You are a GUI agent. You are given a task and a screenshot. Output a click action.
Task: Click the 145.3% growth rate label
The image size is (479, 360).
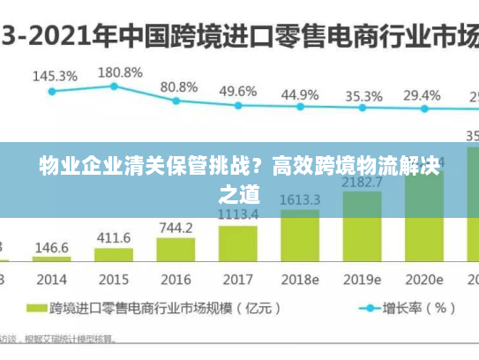coord(55,76)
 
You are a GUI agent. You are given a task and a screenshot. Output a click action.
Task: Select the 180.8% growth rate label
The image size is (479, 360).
coord(120,71)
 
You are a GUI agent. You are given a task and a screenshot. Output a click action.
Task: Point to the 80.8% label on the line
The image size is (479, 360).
coord(179,87)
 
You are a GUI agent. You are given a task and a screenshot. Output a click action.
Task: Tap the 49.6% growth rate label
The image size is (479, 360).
coord(238,91)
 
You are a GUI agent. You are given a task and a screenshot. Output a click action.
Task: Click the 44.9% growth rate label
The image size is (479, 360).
coord(300,94)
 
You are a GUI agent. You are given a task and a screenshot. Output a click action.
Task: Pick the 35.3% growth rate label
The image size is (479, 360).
coord(363,96)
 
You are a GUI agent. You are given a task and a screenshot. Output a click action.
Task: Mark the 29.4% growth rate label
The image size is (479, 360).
coord(422,95)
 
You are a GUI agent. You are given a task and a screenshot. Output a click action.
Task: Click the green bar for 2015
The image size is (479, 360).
coord(114,256)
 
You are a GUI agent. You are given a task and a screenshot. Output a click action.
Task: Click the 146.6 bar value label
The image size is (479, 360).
coord(52,248)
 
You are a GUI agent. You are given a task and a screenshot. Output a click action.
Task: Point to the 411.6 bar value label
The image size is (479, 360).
coord(114,238)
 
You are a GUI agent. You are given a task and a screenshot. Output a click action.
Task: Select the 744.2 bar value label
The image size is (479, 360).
coord(176,228)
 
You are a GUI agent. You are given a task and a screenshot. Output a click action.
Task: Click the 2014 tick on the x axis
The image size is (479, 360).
coord(52,280)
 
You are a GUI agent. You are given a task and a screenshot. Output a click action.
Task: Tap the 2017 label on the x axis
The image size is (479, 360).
coord(237,280)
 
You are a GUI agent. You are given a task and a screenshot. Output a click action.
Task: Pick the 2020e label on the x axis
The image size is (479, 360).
coord(423,280)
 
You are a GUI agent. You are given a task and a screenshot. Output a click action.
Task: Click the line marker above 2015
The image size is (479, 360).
coord(114,86)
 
